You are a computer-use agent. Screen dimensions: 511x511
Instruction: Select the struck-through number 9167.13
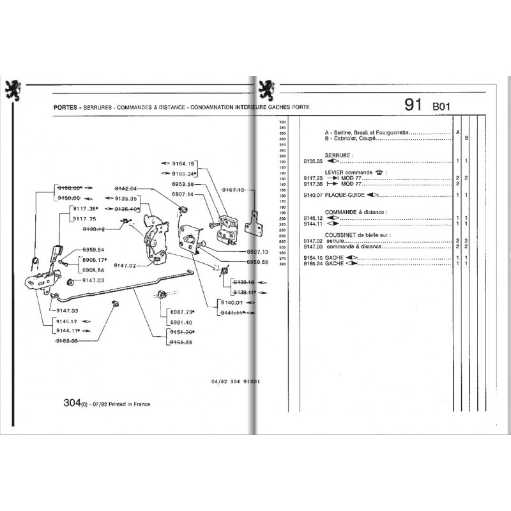234,189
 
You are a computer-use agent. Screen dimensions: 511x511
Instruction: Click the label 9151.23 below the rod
181,342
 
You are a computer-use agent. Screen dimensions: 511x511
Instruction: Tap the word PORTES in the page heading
67,107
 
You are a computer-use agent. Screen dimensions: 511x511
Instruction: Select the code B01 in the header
442,107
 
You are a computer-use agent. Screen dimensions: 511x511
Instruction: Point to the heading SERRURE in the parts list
339,155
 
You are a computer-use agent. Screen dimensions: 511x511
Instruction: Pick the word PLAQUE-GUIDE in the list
345,195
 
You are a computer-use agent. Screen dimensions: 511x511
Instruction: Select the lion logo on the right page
266,89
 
